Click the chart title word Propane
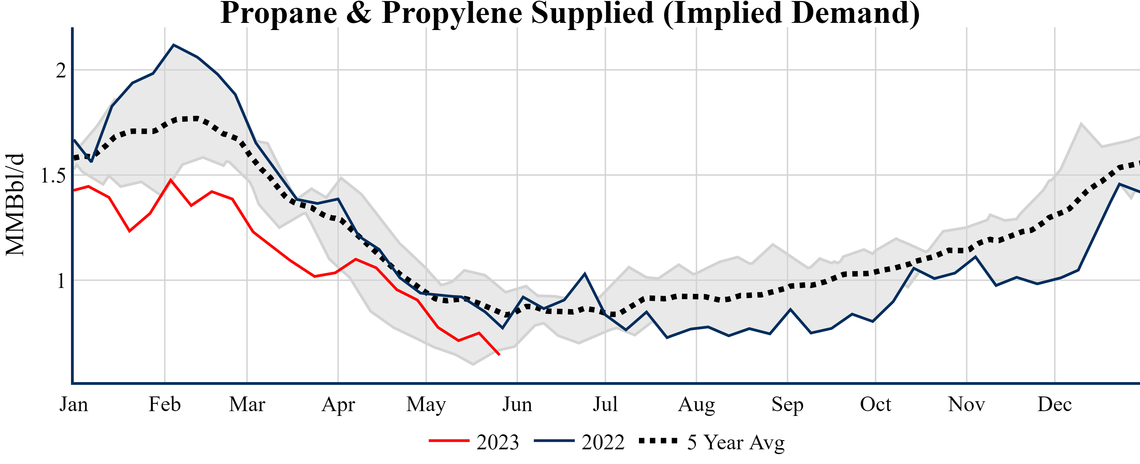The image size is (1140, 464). pyautogui.click(x=279, y=13)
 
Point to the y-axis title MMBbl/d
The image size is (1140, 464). pyautogui.click(x=15, y=204)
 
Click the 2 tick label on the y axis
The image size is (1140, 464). pyautogui.click(x=61, y=70)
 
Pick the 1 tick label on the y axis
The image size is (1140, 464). pyautogui.click(x=61, y=281)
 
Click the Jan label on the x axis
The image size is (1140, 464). pyautogui.click(x=73, y=404)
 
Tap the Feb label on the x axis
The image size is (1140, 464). pyautogui.click(x=165, y=404)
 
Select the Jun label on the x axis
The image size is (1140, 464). pyautogui.click(x=517, y=404)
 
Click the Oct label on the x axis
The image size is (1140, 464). pyautogui.click(x=875, y=404)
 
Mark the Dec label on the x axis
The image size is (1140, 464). pyautogui.click(x=1055, y=404)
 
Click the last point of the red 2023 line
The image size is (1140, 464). pyautogui.click(x=499, y=355)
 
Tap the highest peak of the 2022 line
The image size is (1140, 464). pyautogui.click(x=173, y=45)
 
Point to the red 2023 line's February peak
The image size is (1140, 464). pyautogui.click(x=171, y=179)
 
